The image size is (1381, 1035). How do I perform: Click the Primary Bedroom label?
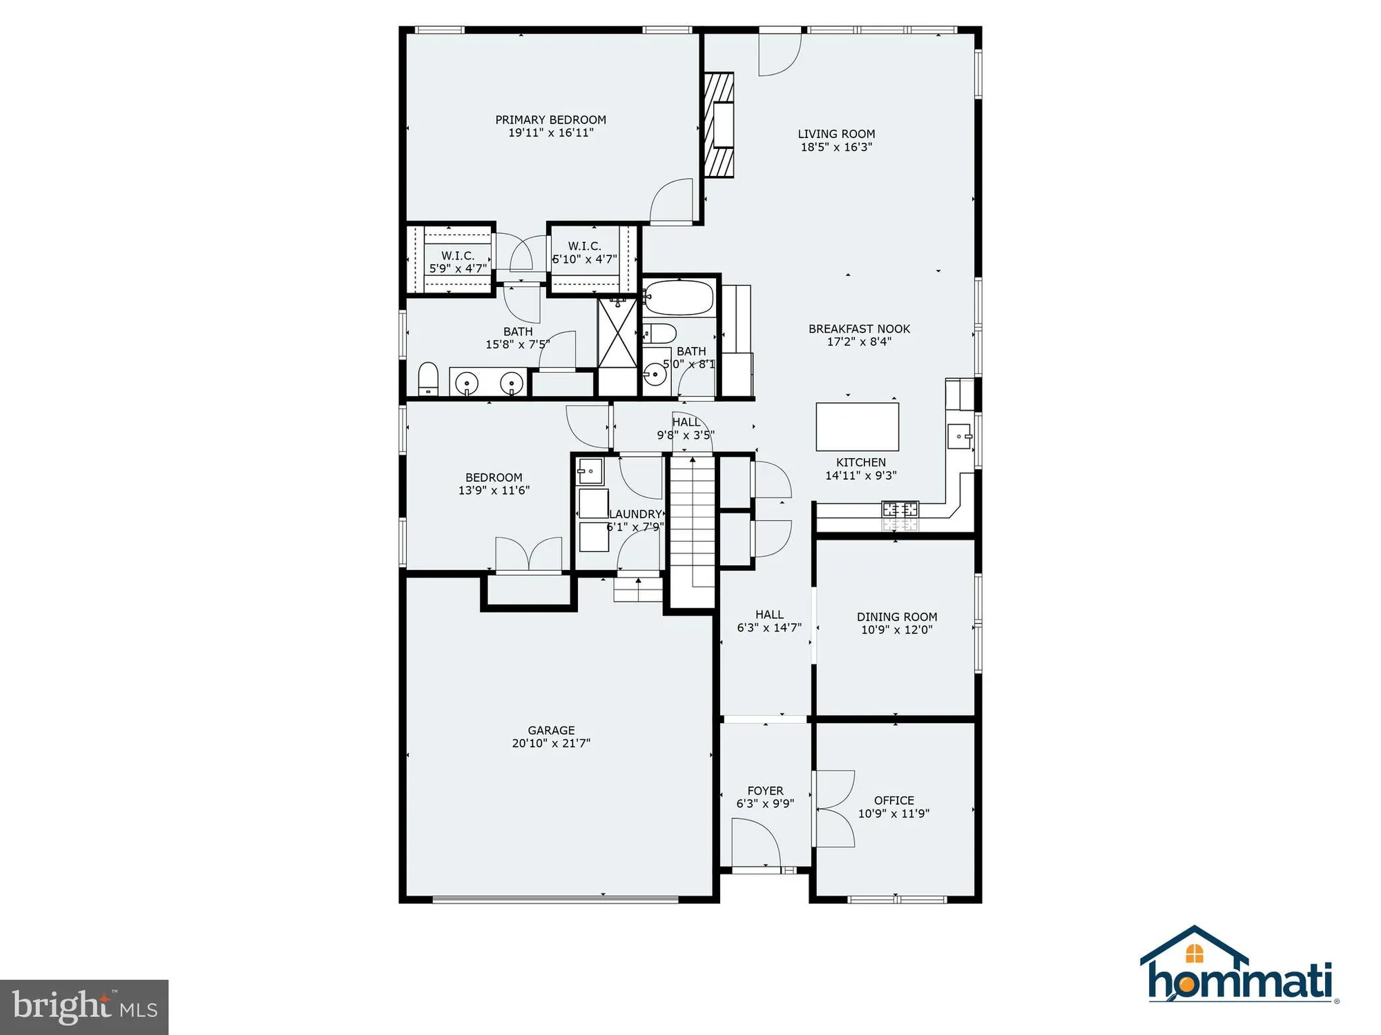(x=550, y=120)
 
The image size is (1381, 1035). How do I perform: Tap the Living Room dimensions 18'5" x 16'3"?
(x=836, y=147)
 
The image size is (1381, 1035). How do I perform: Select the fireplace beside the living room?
(x=719, y=125)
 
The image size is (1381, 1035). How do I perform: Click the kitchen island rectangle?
(x=857, y=426)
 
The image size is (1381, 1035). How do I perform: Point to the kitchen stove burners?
(x=900, y=510)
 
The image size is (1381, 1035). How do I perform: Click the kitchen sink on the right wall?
(x=960, y=436)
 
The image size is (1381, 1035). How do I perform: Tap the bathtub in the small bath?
(x=678, y=297)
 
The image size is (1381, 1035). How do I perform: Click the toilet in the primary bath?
(x=428, y=379)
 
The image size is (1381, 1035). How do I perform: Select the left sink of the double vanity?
(x=467, y=382)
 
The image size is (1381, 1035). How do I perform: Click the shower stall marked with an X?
(x=617, y=333)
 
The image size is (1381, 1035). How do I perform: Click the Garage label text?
(x=551, y=730)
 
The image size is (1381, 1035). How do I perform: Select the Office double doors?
(x=834, y=809)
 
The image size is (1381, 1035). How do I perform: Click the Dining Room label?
(x=897, y=617)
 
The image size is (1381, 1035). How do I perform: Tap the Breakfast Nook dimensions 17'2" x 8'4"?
(x=859, y=342)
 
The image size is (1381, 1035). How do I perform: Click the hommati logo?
(x=1238, y=966)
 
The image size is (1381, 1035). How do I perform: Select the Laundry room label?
(x=635, y=514)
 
